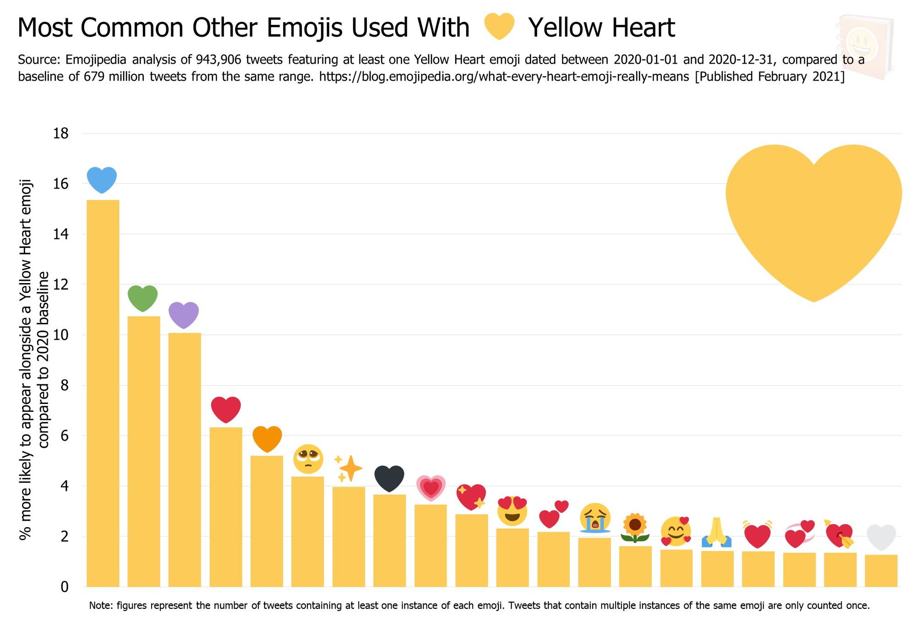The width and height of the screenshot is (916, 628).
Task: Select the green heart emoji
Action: click(142, 298)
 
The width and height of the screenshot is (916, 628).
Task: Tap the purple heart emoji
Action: click(184, 315)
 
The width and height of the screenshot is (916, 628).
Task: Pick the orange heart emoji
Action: click(267, 438)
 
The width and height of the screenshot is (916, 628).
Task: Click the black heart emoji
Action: click(389, 478)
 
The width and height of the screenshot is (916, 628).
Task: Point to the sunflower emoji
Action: click(635, 528)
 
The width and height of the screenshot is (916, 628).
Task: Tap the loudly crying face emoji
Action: click(594, 518)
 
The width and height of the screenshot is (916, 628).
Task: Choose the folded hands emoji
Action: click(717, 532)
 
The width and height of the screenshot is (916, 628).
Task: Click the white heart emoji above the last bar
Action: click(881, 537)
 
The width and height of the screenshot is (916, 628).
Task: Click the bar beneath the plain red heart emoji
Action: click(226, 506)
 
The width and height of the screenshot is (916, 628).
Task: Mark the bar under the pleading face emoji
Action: click(307, 531)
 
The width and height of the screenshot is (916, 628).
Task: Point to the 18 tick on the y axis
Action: click(61, 134)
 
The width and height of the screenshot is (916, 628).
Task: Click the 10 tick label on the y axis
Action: click(61, 335)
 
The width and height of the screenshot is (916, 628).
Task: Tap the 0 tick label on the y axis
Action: click(65, 587)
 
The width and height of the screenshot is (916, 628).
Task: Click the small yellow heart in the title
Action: click(499, 27)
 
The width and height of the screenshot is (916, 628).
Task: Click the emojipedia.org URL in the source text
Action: click(504, 76)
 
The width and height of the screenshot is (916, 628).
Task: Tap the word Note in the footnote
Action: click(100, 606)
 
